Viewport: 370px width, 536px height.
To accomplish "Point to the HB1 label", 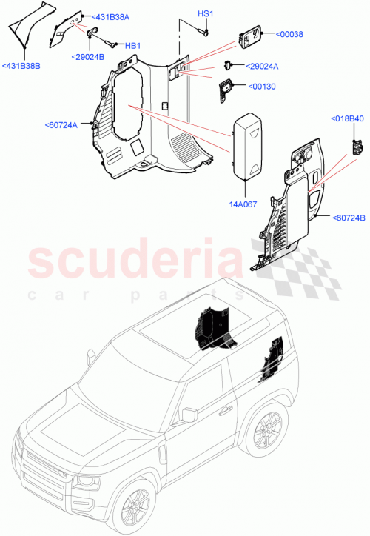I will click(132, 46).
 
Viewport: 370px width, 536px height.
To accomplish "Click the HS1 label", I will click(205, 14).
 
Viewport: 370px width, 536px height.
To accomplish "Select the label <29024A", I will click(262, 67).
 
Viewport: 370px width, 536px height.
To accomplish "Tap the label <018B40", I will click(346, 119).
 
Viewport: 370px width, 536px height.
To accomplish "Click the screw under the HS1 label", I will click(205, 31).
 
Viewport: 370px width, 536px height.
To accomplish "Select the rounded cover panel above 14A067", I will click(249, 146).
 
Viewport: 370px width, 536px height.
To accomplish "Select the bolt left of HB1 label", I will click(111, 44).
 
